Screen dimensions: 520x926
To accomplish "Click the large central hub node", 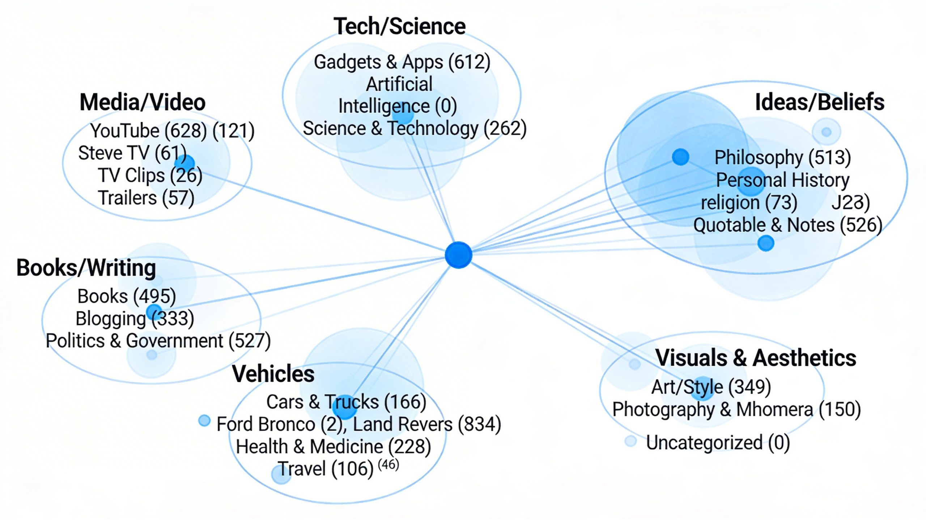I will coord(458,255).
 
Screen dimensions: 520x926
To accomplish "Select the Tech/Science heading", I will coord(399,26).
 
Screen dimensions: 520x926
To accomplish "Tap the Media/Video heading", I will coord(143,102).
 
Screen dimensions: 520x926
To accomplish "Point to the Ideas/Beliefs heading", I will coord(820,102).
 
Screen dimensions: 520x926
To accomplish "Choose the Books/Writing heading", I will coord(86,268).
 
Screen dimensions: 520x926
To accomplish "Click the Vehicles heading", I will coord(273,374).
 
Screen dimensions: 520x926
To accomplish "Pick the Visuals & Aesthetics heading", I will coord(756,358).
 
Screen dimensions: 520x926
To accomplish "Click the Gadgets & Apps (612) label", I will coord(402,62).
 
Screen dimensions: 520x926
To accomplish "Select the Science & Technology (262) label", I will coord(415,128).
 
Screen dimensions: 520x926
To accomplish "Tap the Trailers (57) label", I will coord(146,198).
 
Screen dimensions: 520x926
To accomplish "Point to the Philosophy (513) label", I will coord(782,157).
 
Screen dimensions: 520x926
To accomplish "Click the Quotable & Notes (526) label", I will coord(787,225).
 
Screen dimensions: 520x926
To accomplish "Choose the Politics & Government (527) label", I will coord(158,341).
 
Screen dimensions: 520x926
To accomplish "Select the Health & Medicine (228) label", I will coord(333,447).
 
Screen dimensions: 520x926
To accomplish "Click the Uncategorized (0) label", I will coord(718,443).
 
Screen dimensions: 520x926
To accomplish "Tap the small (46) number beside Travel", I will coord(388,464).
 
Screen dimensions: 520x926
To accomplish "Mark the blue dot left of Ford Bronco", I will coord(204,421).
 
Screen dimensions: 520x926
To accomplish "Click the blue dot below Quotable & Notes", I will coord(766,243).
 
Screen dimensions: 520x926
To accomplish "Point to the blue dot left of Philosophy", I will coord(680,157).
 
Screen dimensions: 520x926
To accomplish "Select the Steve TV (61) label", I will coord(132,153).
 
